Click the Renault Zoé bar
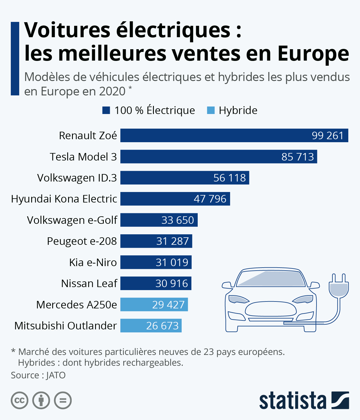tap(234, 135)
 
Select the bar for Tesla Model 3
tap(218, 157)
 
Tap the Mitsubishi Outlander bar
tap(151, 325)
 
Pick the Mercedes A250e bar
tap(154, 304)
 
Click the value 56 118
tap(229, 178)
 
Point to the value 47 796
tap(210, 199)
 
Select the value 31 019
tap(172, 262)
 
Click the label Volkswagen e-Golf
tap(72, 220)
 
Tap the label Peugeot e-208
tap(82, 241)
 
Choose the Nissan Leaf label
tap(89, 283)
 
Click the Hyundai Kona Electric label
tap(64, 199)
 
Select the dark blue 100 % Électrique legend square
tap(106, 110)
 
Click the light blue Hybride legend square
tap(211, 110)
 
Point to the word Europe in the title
tap(313, 54)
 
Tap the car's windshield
tap(270, 279)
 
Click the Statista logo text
tap(292, 400)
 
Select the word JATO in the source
tap(56, 375)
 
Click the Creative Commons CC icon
tap(19, 400)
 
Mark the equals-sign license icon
tap(63, 400)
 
